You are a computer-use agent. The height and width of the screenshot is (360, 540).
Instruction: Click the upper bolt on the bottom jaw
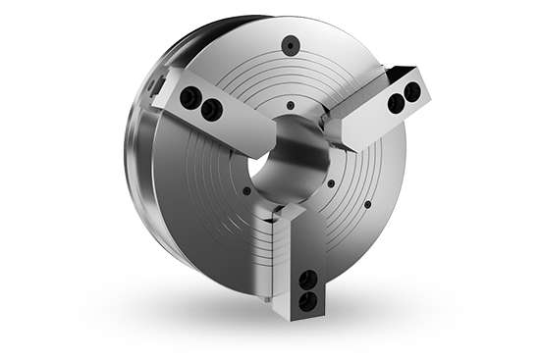(310, 281)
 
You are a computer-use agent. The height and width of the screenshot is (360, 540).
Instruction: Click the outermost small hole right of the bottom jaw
(367, 204)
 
